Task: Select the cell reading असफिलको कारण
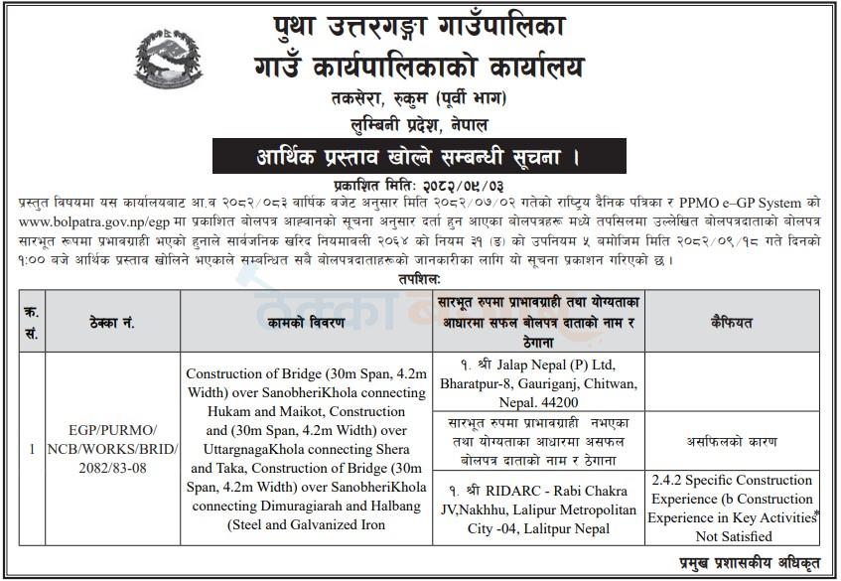(x=733, y=440)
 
